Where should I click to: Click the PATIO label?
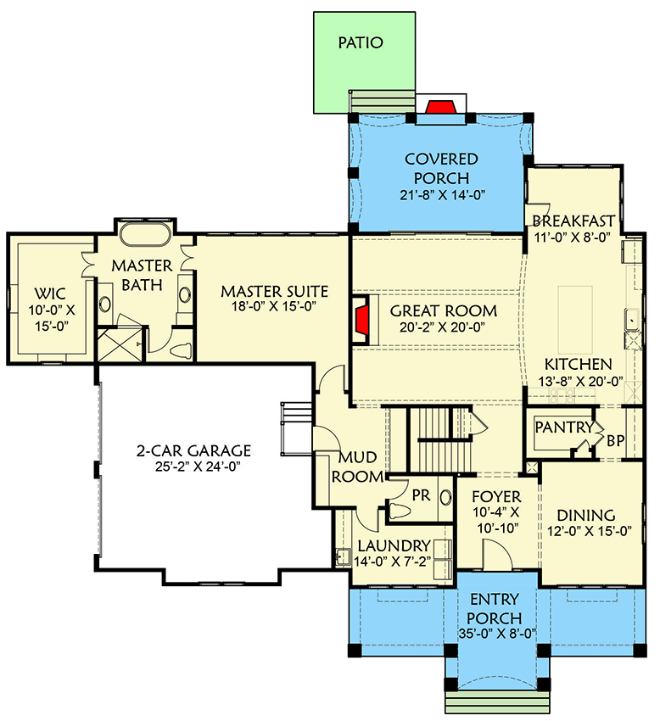[361, 42]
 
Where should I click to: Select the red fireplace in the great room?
[361, 319]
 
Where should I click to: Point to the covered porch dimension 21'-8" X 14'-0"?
[441, 194]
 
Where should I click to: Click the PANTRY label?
[563, 428]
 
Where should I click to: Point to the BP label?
[618, 441]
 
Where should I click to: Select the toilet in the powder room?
[400, 511]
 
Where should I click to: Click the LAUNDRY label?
[394, 545]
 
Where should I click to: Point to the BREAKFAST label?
[573, 221]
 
